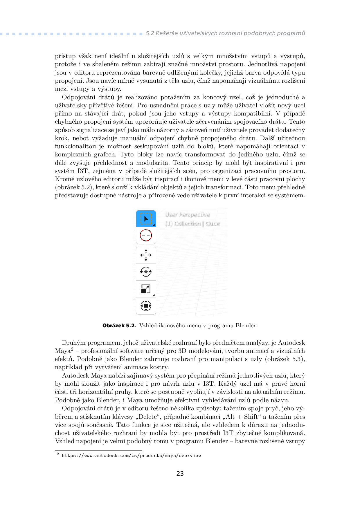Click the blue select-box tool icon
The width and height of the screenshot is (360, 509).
pos(146,219)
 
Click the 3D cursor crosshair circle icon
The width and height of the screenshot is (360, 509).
pos(146,235)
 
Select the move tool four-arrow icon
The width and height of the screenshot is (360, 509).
pos(146,255)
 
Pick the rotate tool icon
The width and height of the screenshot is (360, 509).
pos(146,272)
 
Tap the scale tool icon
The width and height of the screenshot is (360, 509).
pos(146,289)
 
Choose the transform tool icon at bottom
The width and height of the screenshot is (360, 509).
pos(146,306)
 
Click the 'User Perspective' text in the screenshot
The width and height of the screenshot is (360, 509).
pos(187,214)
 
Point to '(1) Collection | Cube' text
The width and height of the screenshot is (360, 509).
pos(192,224)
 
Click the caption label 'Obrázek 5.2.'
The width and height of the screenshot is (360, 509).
pos(119,326)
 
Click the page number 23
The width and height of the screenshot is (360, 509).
pos(180,474)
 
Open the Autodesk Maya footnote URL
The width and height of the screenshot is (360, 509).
pos(131,456)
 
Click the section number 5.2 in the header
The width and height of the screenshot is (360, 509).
pos(150,33)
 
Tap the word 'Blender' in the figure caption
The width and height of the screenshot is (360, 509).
pos(246,326)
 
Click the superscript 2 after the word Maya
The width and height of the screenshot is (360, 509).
pos(72,349)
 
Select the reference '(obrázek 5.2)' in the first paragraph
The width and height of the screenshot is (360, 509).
pos(74,187)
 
